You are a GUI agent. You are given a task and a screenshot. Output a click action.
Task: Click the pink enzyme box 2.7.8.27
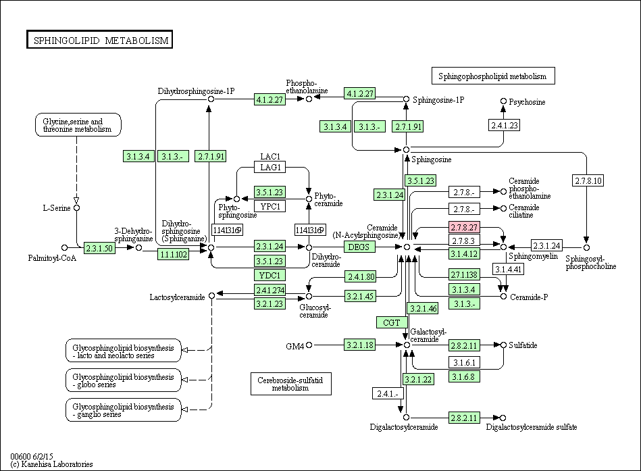tap(464, 227)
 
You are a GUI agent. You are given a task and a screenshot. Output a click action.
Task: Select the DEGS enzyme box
tap(359, 247)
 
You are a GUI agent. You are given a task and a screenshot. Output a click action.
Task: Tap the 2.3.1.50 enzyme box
tap(99, 248)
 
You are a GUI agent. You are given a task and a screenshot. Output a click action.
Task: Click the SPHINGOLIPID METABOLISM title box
tap(100, 40)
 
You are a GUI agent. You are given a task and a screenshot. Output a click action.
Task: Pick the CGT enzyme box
tap(392, 322)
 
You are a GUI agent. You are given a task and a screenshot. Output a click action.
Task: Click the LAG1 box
tap(270, 167)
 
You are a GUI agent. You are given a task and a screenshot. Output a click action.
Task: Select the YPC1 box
tap(270, 206)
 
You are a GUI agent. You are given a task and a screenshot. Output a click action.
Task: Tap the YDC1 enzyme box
tap(270, 275)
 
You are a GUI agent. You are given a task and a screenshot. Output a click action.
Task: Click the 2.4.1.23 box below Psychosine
tap(504, 125)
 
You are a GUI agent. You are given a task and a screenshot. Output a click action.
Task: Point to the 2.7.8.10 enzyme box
tap(588, 180)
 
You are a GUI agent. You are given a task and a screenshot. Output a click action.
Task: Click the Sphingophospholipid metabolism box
tap(493, 76)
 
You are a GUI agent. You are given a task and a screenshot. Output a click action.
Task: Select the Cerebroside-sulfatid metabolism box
tap(290, 384)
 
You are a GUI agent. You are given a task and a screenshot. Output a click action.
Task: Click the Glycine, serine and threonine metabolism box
tap(78, 125)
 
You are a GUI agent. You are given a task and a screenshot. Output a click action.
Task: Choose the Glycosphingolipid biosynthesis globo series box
tap(124, 380)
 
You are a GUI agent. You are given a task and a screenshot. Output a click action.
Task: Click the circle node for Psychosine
tap(504, 101)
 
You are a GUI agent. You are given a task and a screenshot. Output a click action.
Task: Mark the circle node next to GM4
tap(309, 345)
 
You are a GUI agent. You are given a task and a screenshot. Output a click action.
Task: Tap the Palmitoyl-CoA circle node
tap(64, 247)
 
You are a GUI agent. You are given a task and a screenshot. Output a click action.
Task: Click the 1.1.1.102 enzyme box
tap(174, 254)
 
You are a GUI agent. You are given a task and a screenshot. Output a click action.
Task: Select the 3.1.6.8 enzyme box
tap(464, 376)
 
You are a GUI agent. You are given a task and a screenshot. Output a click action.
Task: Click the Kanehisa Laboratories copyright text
tap(51, 464)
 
